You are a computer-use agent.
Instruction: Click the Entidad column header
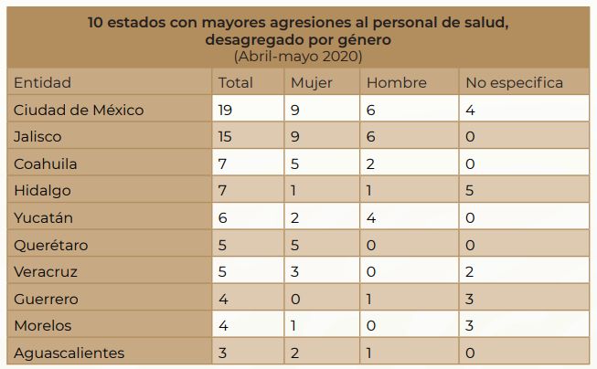(x=42, y=83)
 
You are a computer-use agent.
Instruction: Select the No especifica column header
(x=514, y=83)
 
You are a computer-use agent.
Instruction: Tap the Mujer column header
(x=311, y=83)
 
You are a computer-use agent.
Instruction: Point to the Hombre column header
(x=396, y=83)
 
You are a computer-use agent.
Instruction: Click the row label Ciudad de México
(x=79, y=111)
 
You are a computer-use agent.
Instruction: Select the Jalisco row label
(x=38, y=137)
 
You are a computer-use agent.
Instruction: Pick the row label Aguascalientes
(x=69, y=353)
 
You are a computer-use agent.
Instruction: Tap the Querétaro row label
(x=50, y=245)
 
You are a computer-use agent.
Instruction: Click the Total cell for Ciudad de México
(x=228, y=111)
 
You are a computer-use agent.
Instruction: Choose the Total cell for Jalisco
(x=227, y=137)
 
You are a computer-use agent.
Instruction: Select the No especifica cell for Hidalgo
(x=470, y=191)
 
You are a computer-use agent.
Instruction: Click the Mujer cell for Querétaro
(x=295, y=245)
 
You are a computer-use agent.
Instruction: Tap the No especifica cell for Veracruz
(x=470, y=272)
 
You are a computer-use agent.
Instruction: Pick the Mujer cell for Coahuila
(x=295, y=164)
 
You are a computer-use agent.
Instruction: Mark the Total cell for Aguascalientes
(x=223, y=353)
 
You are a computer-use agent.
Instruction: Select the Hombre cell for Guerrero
(x=370, y=299)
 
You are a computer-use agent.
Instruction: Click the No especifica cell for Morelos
(x=470, y=325)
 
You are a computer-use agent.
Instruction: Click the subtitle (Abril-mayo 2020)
(x=298, y=57)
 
